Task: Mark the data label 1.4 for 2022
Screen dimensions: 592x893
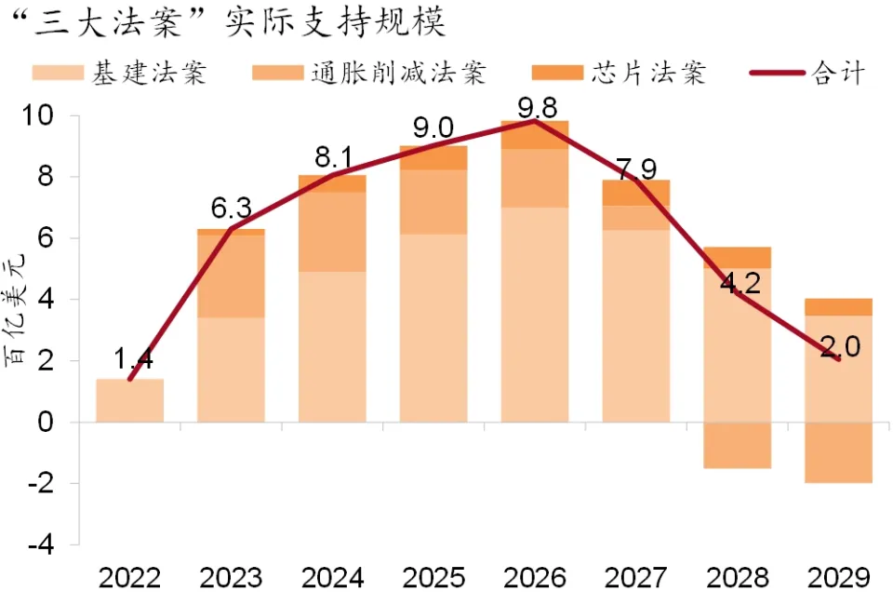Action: pos(131,360)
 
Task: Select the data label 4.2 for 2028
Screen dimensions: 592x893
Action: pos(740,282)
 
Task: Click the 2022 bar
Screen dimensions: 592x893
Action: pos(130,400)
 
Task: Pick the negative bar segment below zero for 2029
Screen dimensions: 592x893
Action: pos(838,452)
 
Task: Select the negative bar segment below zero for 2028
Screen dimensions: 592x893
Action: pos(737,445)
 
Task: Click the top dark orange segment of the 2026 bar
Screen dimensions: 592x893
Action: pos(534,135)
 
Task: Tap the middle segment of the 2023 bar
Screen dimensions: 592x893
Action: pos(231,276)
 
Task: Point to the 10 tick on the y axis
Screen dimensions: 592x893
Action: pos(45,116)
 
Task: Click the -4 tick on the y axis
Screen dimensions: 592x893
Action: pos(47,545)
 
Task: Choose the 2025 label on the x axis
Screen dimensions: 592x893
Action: pos(433,577)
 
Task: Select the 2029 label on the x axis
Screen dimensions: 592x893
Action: pos(837,577)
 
